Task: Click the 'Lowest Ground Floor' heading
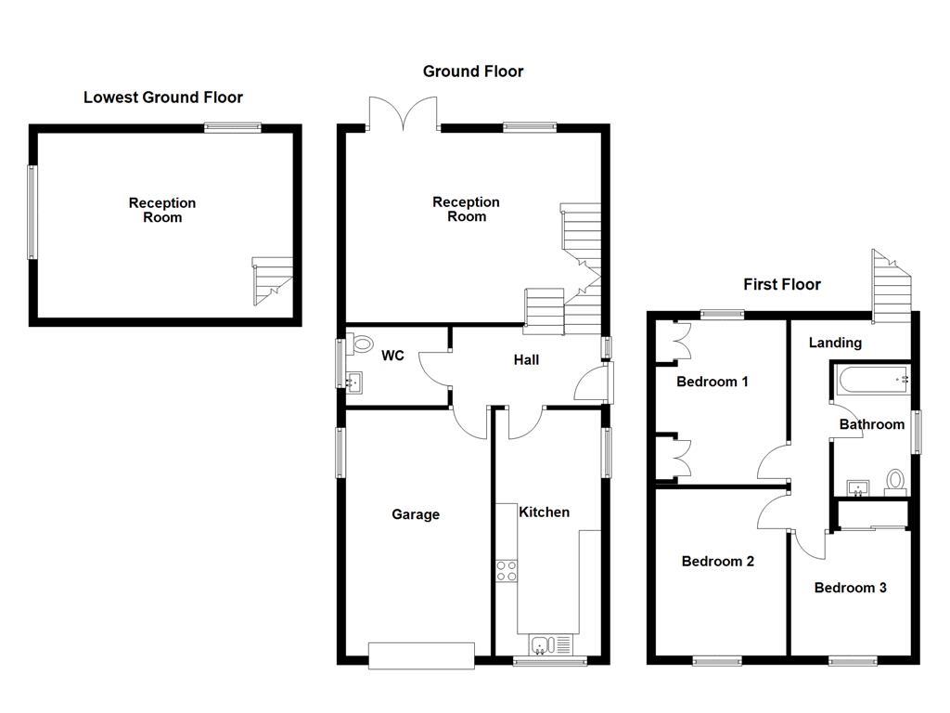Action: (x=163, y=97)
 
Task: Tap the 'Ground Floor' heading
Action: (x=473, y=71)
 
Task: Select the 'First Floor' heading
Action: (x=782, y=285)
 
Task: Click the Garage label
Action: (x=416, y=515)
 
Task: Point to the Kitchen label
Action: (x=544, y=512)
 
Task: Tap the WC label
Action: (x=392, y=356)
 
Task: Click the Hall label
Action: (x=526, y=360)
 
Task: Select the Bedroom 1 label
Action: (x=712, y=382)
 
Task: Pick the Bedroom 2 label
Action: (x=718, y=562)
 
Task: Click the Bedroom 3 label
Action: (x=851, y=588)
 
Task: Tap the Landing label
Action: (x=835, y=343)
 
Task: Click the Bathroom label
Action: (x=871, y=424)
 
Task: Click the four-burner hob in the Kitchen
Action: (x=507, y=570)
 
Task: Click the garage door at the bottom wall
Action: (x=422, y=655)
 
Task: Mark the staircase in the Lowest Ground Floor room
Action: (x=273, y=281)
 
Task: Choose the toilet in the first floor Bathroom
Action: (x=894, y=481)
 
